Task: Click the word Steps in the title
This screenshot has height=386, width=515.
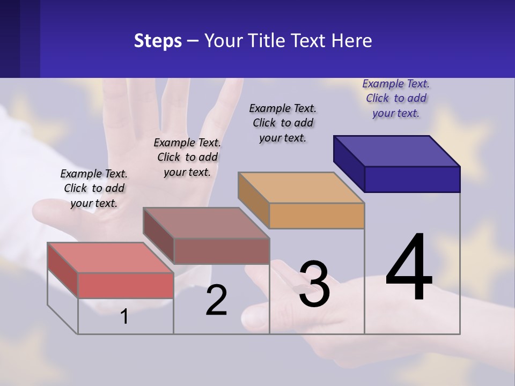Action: (x=158, y=41)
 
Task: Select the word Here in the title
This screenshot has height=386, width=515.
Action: (x=351, y=41)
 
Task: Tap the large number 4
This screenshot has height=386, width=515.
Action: (x=409, y=268)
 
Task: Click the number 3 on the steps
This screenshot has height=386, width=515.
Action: (x=314, y=284)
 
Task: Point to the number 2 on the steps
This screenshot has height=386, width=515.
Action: (x=216, y=300)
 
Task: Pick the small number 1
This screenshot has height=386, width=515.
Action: (x=124, y=317)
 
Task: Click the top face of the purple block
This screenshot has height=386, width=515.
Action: (x=397, y=151)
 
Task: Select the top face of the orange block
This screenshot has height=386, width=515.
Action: (x=301, y=188)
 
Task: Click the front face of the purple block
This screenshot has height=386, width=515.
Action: (x=412, y=179)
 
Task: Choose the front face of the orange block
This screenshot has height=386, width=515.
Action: (x=317, y=216)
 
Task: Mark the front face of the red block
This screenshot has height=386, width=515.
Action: (x=126, y=285)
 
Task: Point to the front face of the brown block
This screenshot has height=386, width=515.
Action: (x=221, y=251)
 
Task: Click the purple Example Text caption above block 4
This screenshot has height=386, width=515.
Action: (x=396, y=98)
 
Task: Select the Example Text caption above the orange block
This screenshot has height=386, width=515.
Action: (x=283, y=123)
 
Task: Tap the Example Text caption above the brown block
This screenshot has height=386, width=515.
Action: (x=187, y=157)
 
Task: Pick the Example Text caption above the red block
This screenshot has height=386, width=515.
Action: (x=94, y=188)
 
